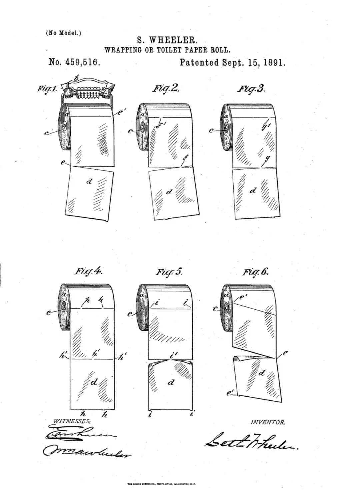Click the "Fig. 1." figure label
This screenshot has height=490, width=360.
[47, 89]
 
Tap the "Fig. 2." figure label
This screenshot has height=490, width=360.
[166, 89]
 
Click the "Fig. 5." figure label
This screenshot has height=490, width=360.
[169, 271]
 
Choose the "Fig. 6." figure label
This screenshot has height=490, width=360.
[255, 271]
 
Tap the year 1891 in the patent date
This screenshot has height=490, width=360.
[274, 62]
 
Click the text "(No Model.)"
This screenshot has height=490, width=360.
[63, 33]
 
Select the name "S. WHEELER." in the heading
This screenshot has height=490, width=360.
[168, 41]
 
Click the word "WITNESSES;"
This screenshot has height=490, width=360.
[72, 421]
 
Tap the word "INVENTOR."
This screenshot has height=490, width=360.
[268, 422]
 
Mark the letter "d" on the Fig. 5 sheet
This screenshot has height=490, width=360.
[171, 383]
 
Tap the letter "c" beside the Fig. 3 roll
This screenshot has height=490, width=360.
[211, 131]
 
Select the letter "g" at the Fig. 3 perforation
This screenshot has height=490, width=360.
[266, 160]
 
